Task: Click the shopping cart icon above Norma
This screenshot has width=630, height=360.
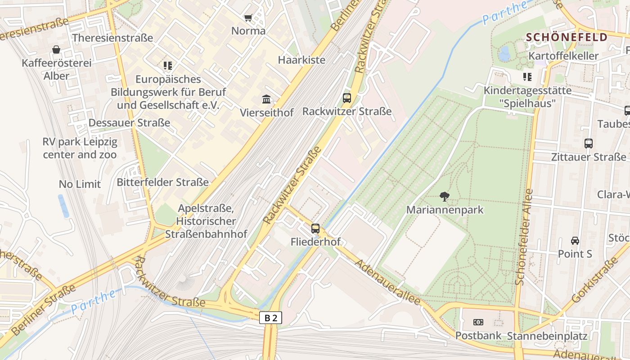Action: point(248,18)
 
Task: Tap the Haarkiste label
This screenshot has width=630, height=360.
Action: point(301,60)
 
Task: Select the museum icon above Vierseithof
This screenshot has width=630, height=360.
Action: point(266,99)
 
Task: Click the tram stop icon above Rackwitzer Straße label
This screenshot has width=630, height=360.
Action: point(346,98)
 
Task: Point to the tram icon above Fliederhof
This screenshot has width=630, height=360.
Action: point(315,228)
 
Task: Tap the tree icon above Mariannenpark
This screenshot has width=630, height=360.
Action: point(445,196)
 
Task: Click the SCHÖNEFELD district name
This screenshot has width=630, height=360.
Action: point(567,37)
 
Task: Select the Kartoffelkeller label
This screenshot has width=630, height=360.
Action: point(563,56)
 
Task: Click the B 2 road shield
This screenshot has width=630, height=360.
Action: point(271,318)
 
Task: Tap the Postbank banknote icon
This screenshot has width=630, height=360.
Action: point(478,322)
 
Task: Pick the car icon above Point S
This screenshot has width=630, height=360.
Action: point(575,240)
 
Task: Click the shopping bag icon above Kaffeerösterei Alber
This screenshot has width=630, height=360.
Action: point(56,49)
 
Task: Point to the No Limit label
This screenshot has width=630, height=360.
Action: point(80,184)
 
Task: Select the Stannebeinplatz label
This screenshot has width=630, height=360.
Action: point(547,336)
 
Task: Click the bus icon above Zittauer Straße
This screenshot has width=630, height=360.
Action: point(589,144)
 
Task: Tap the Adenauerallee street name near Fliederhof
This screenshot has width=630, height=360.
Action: point(388,282)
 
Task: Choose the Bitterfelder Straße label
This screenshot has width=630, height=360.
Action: point(163,182)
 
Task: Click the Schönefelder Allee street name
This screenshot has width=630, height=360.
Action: point(524,237)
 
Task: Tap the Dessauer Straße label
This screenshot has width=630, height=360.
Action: point(129,123)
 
